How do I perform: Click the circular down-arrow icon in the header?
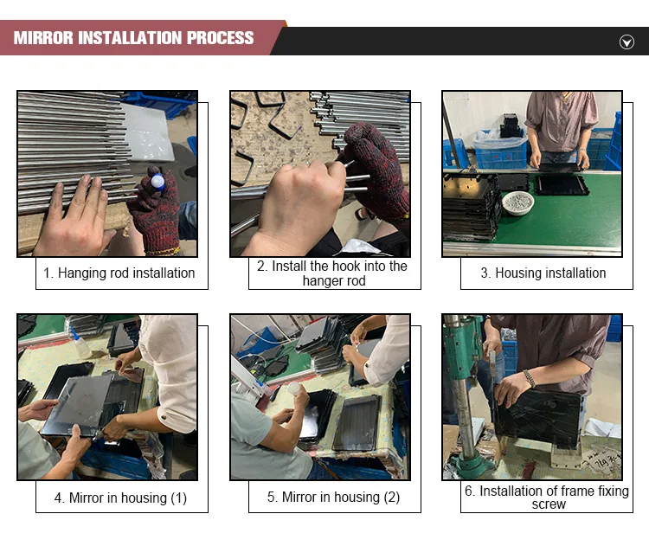[x=627, y=42]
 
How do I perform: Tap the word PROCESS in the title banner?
[x=220, y=38]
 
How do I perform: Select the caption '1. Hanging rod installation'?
[x=119, y=273]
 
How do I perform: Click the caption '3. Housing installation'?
[x=543, y=273]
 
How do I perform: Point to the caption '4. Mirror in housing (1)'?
[x=120, y=498]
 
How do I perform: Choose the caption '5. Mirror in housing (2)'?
[x=334, y=497]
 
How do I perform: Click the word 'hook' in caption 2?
[x=347, y=266]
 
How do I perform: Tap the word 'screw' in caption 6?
[x=549, y=504]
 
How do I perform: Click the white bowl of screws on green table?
[x=517, y=202]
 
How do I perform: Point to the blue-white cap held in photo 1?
[x=157, y=182]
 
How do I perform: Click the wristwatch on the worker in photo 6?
[x=529, y=377]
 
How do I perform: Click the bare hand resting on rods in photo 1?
[x=74, y=217]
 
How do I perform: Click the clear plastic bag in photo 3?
[x=499, y=138]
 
